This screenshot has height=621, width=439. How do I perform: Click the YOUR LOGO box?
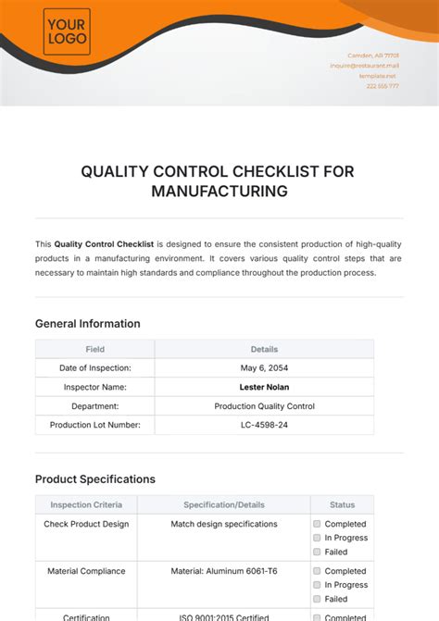67,31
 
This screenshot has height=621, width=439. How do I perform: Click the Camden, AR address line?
373,56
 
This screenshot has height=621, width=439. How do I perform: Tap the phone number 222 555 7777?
382,86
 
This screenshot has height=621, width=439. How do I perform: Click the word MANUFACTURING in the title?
219,192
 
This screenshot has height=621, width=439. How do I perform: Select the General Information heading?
88,324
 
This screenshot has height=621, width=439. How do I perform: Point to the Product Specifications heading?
95,479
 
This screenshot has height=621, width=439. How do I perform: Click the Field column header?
94,350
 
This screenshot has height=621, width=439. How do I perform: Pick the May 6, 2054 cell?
264,367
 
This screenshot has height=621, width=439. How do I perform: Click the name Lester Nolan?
264,387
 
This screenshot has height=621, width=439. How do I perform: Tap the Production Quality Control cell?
264,406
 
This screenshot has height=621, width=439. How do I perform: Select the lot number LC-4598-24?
264,425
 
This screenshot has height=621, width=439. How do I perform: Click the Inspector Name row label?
94,387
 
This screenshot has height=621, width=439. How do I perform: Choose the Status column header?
342,505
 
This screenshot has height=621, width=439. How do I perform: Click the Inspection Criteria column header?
86,505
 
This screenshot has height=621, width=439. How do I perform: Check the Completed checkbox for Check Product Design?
317,525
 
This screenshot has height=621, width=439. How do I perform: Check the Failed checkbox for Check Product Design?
317,552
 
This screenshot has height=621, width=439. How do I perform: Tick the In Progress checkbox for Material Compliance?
317,585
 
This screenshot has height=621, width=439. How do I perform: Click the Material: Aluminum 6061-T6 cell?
223,571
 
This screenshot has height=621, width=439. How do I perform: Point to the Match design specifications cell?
223,524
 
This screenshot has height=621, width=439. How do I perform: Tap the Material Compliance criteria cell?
86,571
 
